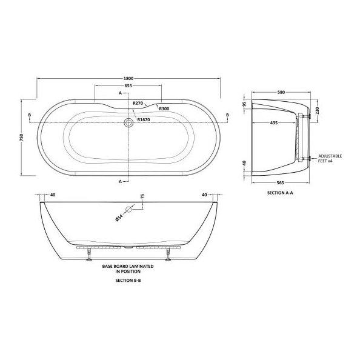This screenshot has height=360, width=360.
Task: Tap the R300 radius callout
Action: click(164, 108)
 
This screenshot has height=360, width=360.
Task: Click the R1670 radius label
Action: click(144, 119)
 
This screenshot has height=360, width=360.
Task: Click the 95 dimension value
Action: click(245, 103)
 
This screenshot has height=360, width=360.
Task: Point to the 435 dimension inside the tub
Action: click(274, 122)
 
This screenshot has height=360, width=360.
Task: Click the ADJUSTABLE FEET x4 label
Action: click(330, 159)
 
